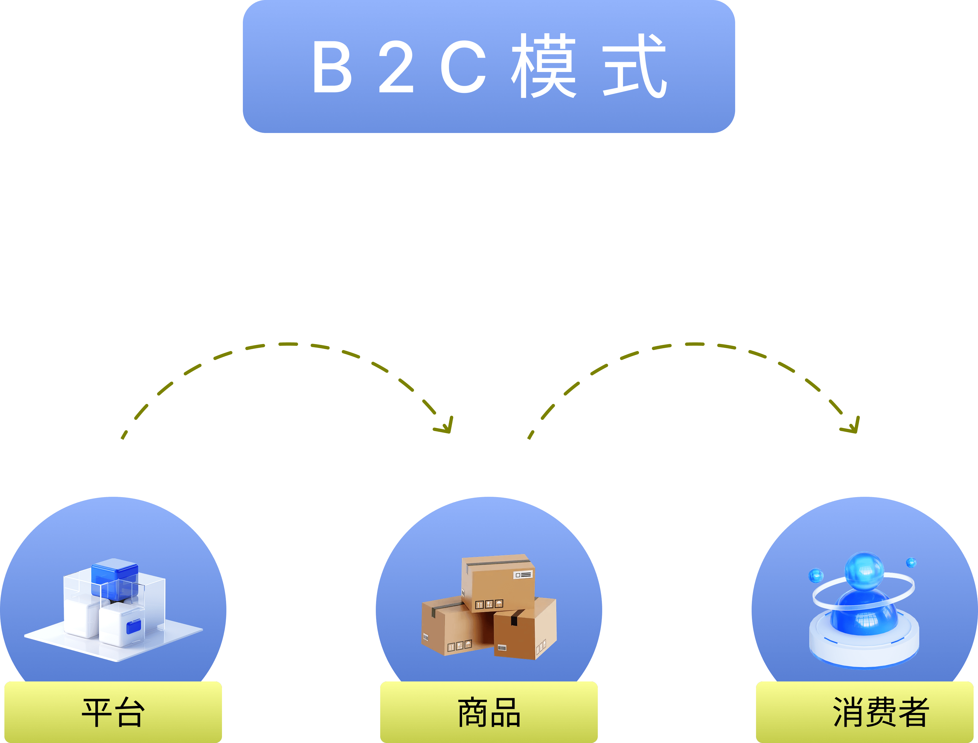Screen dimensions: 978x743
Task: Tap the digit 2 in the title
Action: (396, 66)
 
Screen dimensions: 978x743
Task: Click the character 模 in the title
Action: (544, 65)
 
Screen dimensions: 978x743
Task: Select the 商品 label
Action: (489, 713)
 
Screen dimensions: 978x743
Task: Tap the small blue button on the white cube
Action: (134, 627)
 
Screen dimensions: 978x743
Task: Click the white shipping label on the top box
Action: (523, 575)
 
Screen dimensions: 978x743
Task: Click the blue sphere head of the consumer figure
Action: (864, 572)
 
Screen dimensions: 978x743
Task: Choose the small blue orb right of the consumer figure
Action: (911, 562)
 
